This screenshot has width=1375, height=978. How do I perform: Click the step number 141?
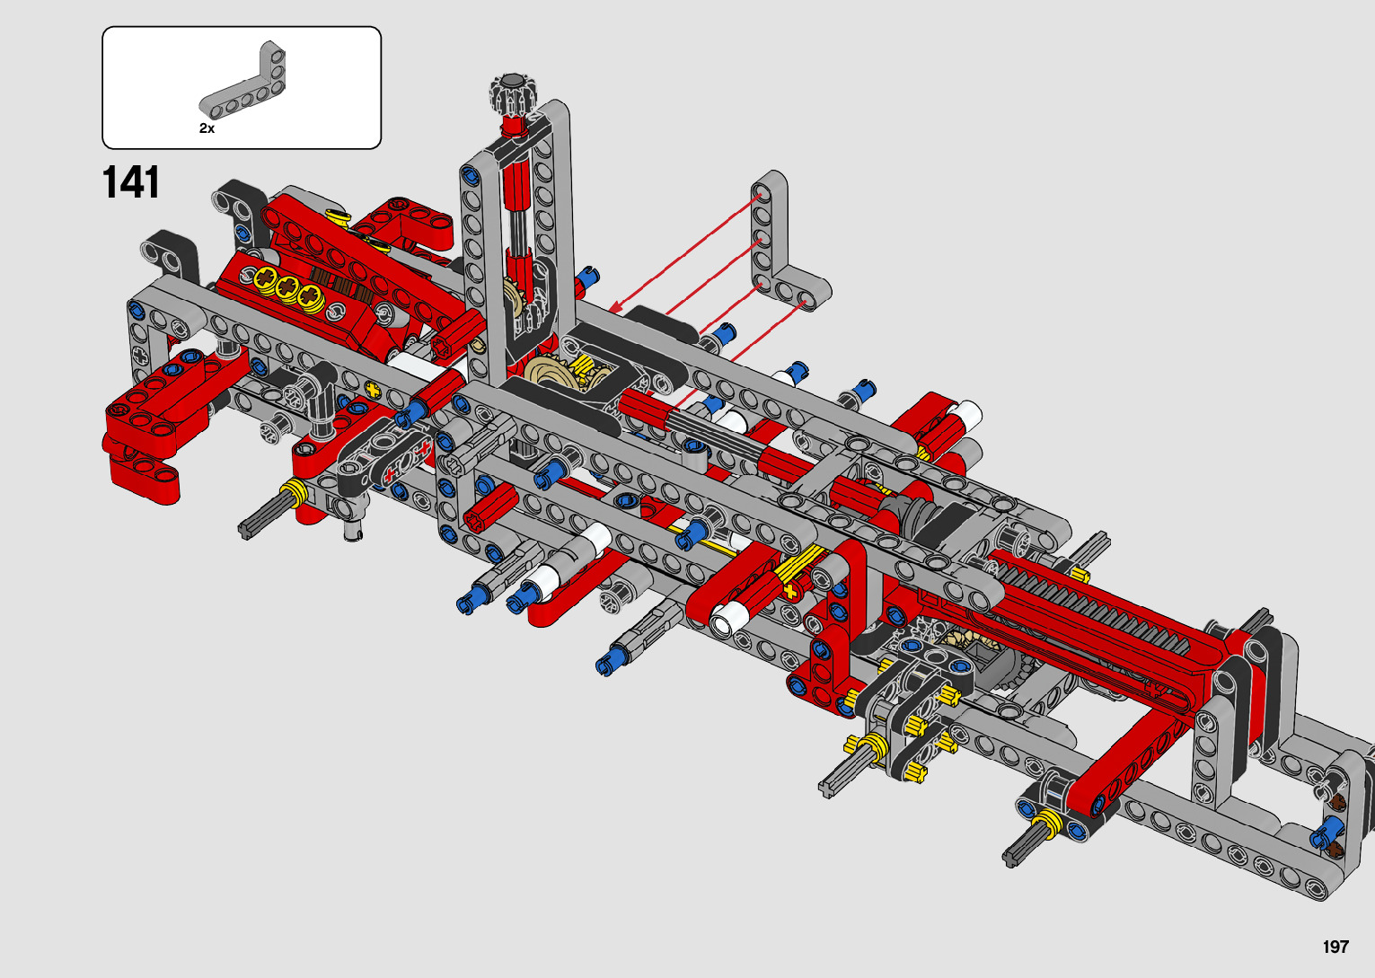(131, 182)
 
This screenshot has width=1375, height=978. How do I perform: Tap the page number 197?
(1335, 947)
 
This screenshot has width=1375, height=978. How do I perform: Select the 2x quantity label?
(207, 128)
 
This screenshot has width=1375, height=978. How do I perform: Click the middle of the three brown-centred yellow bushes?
(286, 286)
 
